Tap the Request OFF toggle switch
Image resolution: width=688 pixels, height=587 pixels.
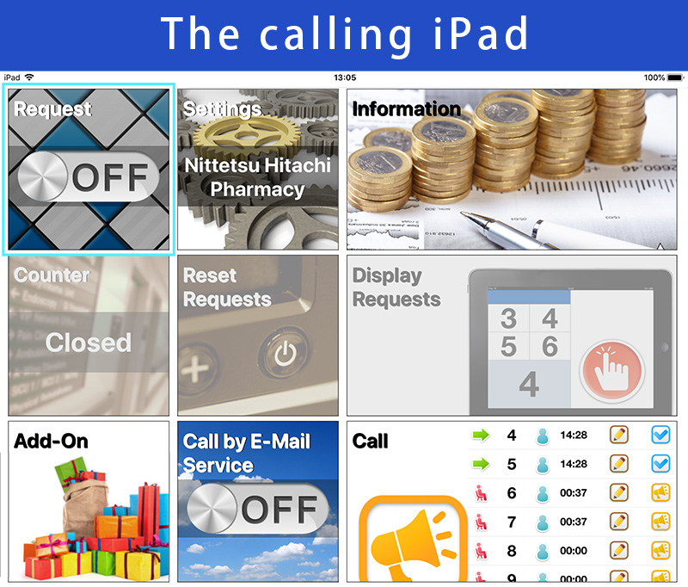coord(89,176)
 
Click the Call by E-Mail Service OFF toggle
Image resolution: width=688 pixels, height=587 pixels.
coord(257,509)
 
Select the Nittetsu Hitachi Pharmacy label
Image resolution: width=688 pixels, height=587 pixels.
coord(257,177)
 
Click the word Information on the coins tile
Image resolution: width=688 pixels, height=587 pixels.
coord(406,109)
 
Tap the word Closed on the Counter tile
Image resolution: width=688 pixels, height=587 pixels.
coord(89,343)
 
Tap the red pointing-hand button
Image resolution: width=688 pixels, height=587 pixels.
coord(611,371)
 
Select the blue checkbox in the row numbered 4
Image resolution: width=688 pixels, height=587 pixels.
coord(660,436)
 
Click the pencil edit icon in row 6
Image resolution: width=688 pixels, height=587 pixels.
coord(618,492)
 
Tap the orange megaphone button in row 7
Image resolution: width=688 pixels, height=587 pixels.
coord(660,522)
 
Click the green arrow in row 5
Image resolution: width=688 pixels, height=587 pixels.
coord(481,464)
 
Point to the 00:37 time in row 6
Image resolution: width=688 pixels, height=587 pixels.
coord(573,492)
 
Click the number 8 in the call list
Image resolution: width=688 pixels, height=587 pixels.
coord(511,551)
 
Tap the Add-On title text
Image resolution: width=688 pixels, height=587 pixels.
coord(51,442)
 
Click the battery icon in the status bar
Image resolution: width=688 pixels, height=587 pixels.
coord(676,77)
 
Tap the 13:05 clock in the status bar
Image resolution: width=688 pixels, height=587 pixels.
coord(345,77)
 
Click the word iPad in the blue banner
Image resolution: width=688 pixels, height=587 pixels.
coord(481,34)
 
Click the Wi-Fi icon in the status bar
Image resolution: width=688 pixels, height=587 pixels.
coord(29,77)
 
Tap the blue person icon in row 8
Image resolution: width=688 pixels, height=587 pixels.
coord(543,551)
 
